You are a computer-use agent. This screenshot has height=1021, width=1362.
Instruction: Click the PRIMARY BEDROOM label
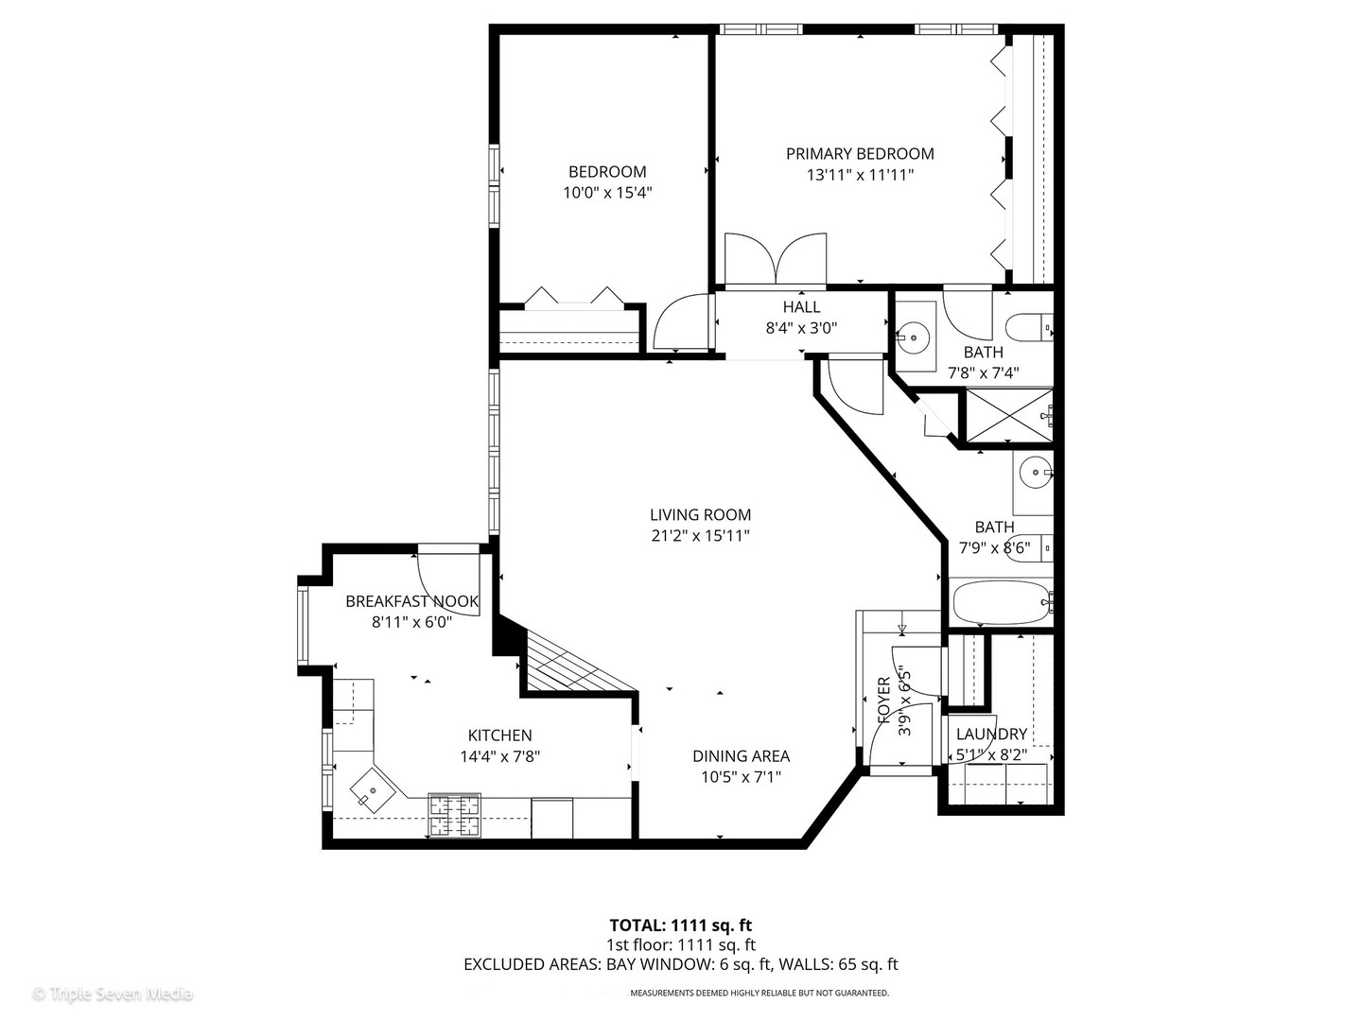tap(860, 153)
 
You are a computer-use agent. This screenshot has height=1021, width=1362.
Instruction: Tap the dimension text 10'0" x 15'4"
tap(607, 192)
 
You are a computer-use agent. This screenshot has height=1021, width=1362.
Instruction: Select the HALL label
tap(801, 307)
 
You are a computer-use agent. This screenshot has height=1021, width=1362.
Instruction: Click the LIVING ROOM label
tap(700, 515)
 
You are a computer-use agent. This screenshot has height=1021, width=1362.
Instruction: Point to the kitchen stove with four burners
tap(455, 816)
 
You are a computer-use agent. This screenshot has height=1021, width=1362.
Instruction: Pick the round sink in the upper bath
tap(916, 335)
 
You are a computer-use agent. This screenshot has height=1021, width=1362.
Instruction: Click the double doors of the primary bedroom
tap(776, 259)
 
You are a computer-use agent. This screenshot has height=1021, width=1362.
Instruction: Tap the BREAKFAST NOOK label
tap(411, 601)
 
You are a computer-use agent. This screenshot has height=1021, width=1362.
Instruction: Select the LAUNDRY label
tap(991, 735)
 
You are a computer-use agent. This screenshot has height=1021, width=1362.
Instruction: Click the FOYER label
tap(884, 700)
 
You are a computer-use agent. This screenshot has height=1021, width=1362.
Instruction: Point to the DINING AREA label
tap(741, 756)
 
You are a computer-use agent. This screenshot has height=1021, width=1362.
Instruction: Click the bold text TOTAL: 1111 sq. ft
tap(680, 925)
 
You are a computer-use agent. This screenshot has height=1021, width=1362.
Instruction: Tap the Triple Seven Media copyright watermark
tap(113, 994)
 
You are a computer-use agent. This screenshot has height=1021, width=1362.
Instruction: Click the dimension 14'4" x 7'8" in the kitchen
tap(499, 756)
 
